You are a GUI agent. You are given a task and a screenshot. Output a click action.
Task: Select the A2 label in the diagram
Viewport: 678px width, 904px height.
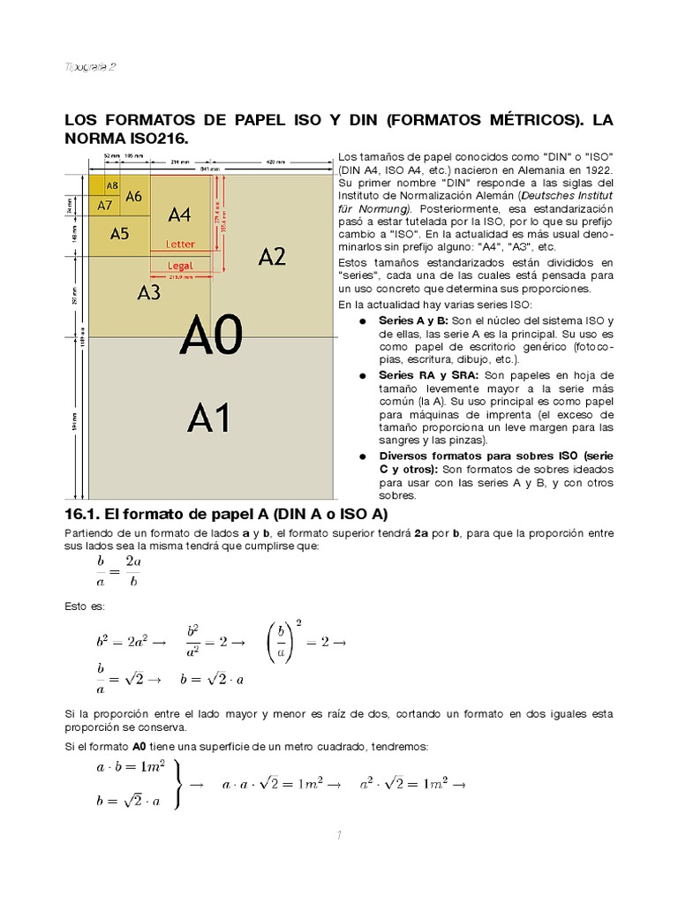click(x=272, y=257)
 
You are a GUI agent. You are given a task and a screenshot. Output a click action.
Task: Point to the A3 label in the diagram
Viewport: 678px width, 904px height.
click(x=148, y=292)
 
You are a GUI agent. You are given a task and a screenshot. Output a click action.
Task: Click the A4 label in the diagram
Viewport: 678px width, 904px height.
click(x=179, y=215)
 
